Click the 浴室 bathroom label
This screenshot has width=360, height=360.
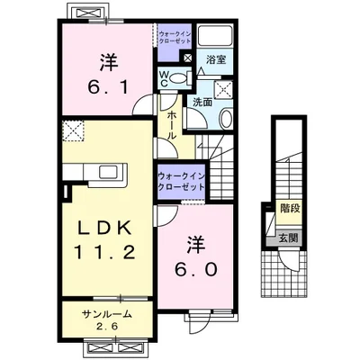(216, 59)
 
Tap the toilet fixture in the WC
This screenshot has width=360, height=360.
(179, 78)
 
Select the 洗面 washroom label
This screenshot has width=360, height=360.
(202, 103)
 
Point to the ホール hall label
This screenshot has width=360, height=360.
(171, 125)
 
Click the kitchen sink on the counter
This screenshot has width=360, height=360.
(109, 173)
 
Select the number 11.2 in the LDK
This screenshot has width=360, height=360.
(104, 253)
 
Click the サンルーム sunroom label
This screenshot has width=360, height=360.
(107, 314)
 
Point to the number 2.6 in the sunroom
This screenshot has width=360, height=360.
(107, 327)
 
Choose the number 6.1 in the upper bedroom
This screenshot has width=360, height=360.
(109, 86)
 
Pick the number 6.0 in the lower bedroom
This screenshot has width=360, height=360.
(196, 270)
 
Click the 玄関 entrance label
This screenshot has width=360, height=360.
(289, 238)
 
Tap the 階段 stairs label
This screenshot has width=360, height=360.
(290, 209)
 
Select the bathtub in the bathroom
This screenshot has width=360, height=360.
(215, 36)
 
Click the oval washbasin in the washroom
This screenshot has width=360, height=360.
(226, 119)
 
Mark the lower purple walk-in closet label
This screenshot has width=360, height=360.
(181, 182)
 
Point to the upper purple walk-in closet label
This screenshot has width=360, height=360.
(175, 37)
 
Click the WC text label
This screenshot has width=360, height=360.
(164, 79)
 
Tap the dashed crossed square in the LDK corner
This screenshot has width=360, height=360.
(74, 130)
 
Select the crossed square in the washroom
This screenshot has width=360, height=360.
(223, 89)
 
